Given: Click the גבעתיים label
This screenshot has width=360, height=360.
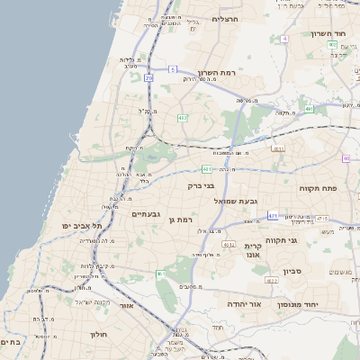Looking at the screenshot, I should pos(145,214).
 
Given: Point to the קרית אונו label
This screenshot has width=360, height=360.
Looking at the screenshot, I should pos(253,249).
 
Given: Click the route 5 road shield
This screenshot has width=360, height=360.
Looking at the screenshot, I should pos(172,68).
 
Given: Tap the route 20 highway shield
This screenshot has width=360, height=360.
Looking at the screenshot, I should pos(148,78).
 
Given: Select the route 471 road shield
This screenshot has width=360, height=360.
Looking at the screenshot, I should pos(273,216).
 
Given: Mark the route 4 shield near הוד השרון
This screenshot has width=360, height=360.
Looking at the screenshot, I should pos(284,40).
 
